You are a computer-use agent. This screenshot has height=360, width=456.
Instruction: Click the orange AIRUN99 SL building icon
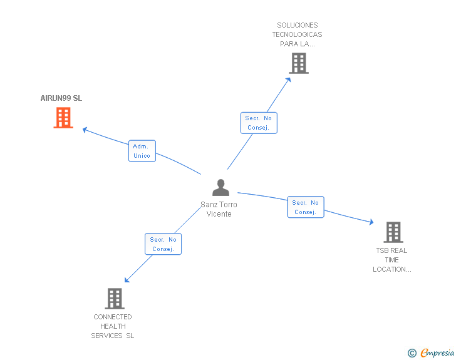(63, 118)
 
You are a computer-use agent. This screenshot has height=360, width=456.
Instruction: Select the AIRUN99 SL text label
(61, 98)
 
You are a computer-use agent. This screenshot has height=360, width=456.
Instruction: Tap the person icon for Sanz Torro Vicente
(220, 187)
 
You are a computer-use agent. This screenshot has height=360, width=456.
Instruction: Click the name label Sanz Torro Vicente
(219, 209)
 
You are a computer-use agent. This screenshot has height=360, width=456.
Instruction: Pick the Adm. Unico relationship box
(142, 151)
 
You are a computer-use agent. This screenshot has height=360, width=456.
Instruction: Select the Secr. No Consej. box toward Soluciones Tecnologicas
(259, 123)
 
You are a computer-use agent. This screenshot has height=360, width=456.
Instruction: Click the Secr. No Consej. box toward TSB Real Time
(306, 207)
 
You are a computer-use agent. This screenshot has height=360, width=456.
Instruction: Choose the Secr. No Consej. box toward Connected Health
(163, 244)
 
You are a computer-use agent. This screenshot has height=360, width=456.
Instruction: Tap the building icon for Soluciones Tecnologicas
(299, 63)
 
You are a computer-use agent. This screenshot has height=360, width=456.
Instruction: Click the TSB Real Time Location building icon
(393, 232)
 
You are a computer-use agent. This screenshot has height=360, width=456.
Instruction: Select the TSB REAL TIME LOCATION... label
(391, 260)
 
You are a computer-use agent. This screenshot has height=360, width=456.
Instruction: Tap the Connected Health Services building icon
(115, 299)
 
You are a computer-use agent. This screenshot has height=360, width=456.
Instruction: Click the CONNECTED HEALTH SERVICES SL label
(113, 326)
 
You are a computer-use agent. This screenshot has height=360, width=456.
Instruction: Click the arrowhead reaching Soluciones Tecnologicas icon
(289, 79)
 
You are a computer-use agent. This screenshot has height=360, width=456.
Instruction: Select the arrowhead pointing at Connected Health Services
(127, 280)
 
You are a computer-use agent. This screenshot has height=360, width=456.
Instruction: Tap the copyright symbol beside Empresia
(412, 353)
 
